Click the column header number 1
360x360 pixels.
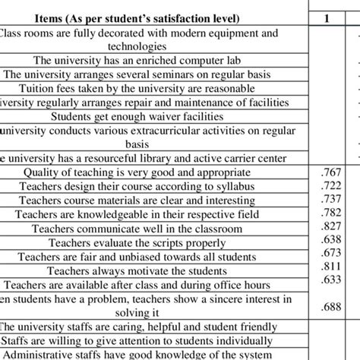coord(335,18)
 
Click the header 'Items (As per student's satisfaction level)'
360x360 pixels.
coord(155,18)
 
